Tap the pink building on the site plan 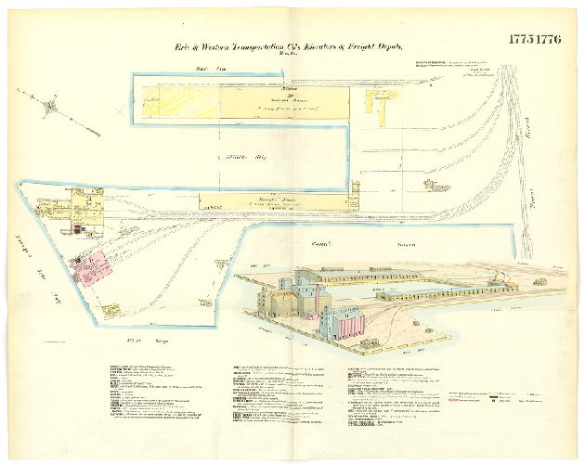(x=92, y=265)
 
